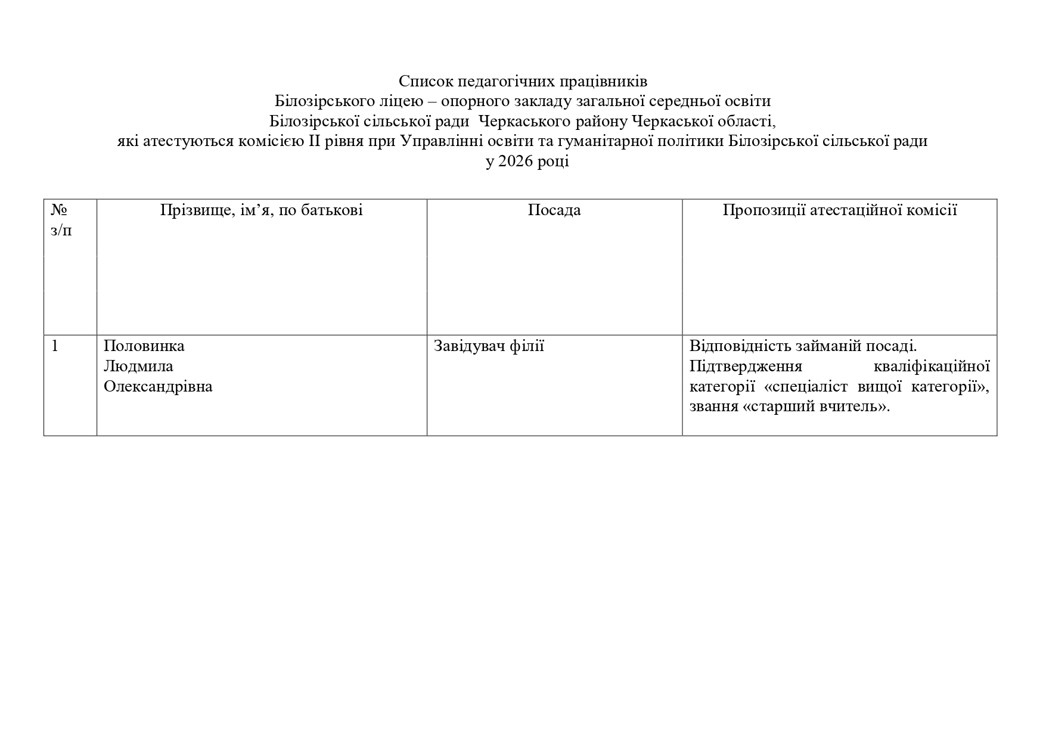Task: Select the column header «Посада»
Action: click(x=554, y=210)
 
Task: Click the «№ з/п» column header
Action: click(x=61, y=220)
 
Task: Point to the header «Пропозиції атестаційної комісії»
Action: click(x=840, y=210)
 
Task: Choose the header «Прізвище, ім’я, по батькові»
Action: click(x=261, y=210)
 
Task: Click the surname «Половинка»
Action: click(x=144, y=346)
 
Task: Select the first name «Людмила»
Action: click(x=138, y=367)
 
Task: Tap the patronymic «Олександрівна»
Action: click(x=158, y=387)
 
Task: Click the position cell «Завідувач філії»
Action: click(x=489, y=346)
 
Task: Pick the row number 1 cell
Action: click(x=55, y=346)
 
